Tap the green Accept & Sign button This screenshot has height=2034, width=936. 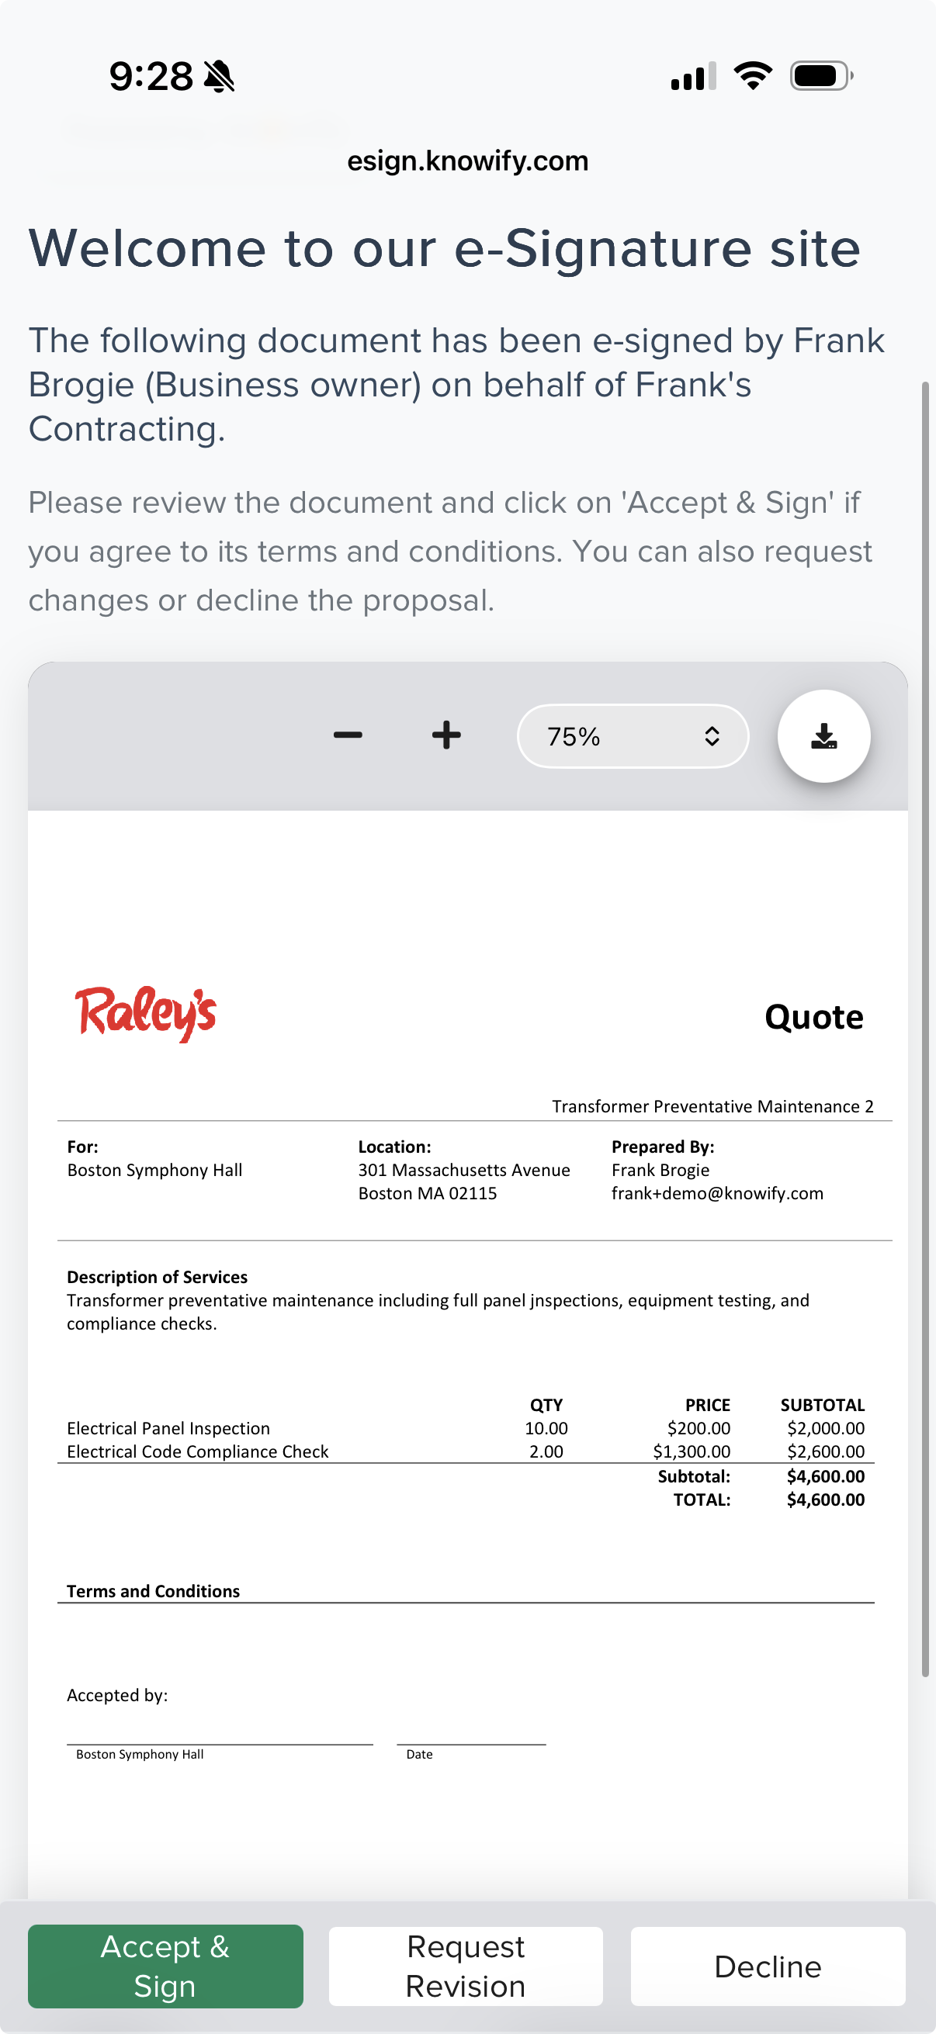tap(165, 1965)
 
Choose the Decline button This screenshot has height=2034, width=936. tap(767, 1966)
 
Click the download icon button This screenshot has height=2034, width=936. tap(823, 736)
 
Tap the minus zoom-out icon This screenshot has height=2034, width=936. tap(348, 735)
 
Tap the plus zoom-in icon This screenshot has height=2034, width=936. tap(446, 735)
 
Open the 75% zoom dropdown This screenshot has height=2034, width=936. tap(632, 736)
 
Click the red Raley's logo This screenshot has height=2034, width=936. tap(145, 1014)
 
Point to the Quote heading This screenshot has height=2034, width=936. tap(813, 1017)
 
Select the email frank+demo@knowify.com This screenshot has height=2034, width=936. tap(716, 1193)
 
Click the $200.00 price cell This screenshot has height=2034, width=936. tap(699, 1428)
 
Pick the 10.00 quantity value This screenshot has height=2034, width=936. tap(546, 1428)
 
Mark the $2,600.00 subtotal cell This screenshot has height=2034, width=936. tap(826, 1451)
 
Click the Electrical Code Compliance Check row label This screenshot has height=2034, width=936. tap(197, 1451)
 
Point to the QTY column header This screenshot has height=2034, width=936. tap(546, 1405)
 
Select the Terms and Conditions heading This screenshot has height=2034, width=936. tap(153, 1591)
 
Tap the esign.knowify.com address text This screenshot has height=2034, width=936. tap(467, 161)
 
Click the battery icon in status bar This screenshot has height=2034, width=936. tap(820, 77)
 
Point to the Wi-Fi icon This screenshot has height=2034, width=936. tap(752, 76)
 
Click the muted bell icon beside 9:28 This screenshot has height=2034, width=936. tap(219, 77)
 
